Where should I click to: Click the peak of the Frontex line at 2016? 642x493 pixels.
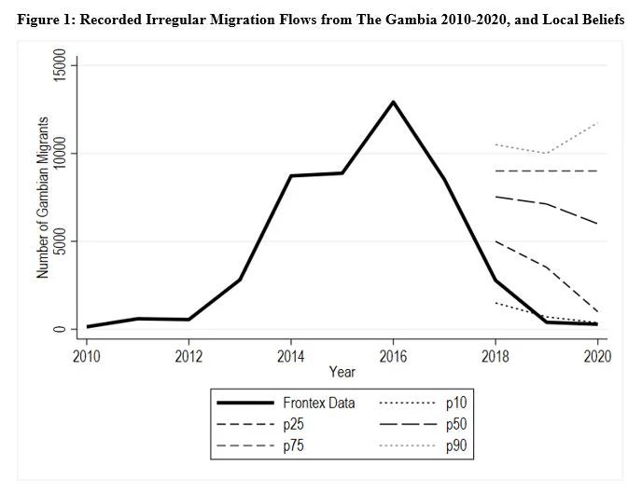point(394,102)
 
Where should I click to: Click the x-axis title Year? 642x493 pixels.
point(342,372)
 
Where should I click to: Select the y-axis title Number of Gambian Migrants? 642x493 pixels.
point(42,197)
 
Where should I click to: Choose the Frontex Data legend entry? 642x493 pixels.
point(318,404)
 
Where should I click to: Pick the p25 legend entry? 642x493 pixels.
point(292,425)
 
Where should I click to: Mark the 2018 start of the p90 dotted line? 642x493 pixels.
point(495,144)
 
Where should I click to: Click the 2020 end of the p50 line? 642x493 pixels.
point(597,224)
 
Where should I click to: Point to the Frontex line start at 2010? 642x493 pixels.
point(87,326)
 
